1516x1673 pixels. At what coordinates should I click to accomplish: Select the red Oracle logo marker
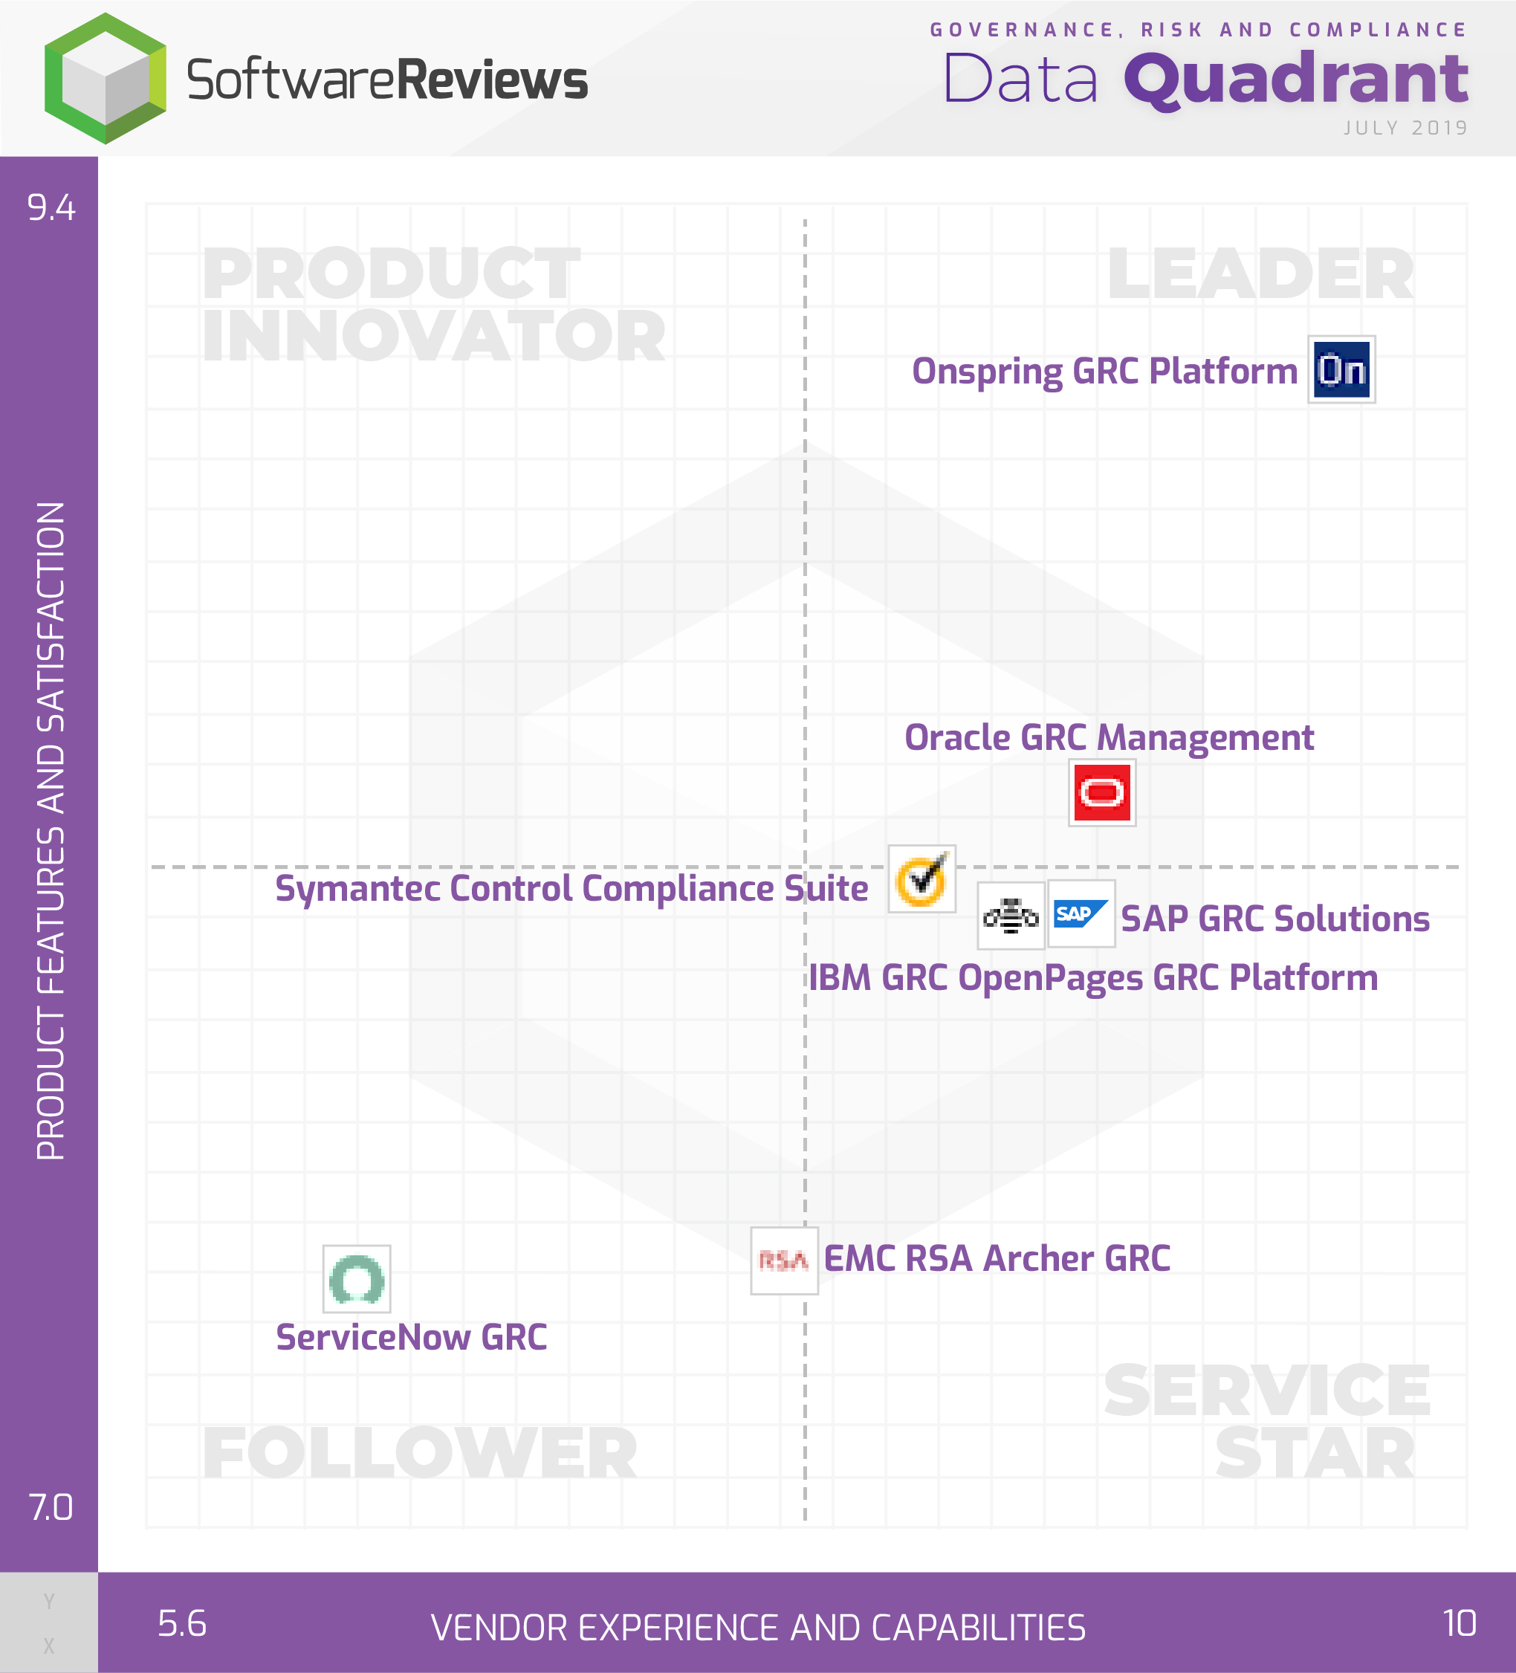(1102, 792)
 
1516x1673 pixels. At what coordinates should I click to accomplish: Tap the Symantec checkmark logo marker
(922, 878)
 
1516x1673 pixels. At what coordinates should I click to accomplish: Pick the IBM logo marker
(1011, 916)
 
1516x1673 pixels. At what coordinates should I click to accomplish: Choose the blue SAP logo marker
(1081, 913)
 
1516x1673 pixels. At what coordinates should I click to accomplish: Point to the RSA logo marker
(784, 1261)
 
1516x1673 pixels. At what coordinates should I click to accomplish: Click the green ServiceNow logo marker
(357, 1279)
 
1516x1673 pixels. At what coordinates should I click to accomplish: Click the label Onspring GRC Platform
(1104, 372)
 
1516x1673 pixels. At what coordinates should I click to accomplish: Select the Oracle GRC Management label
(1109, 738)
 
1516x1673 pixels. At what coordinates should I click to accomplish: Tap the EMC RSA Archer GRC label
(997, 1259)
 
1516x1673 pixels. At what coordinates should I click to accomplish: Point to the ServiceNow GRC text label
(412, 1338)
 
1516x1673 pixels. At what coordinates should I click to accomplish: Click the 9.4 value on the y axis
(51, 207)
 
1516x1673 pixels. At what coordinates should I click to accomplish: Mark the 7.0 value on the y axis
(51, 1508)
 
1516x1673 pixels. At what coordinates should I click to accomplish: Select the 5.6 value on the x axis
(182, 1623)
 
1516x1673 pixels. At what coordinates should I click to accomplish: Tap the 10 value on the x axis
(1460, 1623)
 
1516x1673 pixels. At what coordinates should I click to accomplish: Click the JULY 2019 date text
(1405, 128)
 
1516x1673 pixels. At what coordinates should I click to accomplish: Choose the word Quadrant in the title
(1296, 80)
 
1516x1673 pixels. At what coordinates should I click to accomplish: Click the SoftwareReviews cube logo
(106, 78)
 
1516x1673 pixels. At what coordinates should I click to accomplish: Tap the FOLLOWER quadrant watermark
(420, 1453)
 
